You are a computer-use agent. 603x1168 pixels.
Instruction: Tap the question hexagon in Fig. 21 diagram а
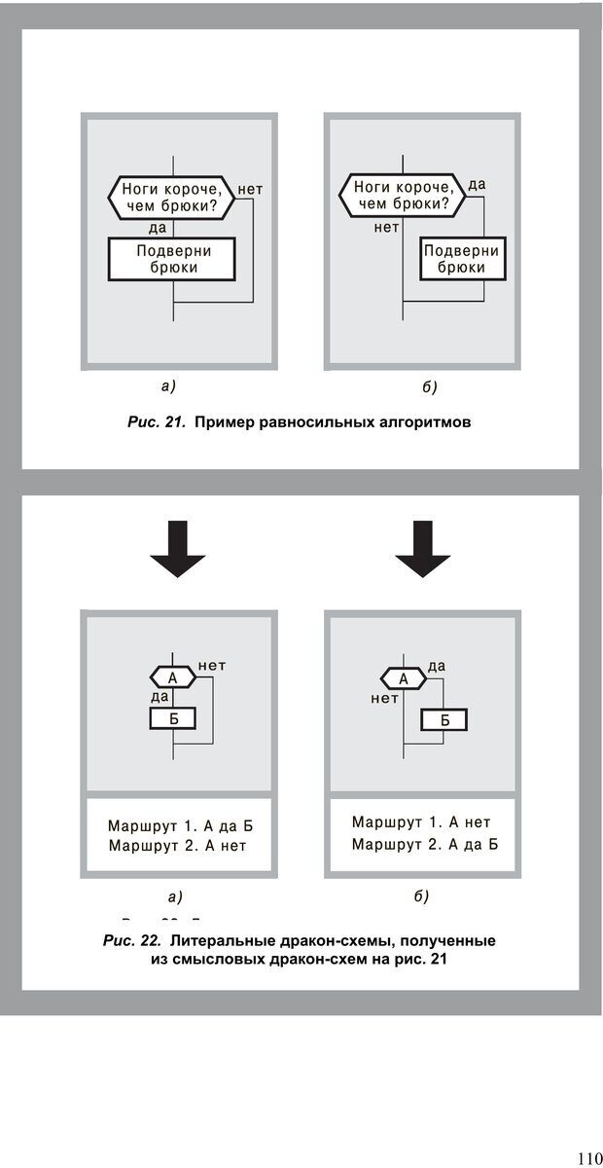coord(172,197)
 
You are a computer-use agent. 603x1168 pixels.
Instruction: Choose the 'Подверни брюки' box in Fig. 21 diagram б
coord(461,258)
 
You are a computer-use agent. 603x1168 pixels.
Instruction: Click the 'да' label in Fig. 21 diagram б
coord(478,184)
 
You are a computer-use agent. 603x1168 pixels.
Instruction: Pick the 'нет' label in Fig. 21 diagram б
coord(387,228)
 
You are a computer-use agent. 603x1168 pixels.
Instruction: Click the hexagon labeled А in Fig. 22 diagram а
coord(173,676)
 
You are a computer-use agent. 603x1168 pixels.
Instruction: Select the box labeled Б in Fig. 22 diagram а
coord(173,719)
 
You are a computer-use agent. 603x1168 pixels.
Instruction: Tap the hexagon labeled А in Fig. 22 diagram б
coord(402,678)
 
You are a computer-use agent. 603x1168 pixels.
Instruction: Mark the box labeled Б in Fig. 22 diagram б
coord(444,720)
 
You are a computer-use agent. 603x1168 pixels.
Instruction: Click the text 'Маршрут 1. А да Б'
coord(187,826)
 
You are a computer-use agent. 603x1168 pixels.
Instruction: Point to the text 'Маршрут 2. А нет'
coord(178,846)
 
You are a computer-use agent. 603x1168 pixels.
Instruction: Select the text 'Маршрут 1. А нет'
coord(421,822)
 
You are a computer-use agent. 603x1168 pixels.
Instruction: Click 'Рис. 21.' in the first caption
coord(156,422)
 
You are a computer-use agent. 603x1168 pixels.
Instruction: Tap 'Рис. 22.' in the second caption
coord(131,941)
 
